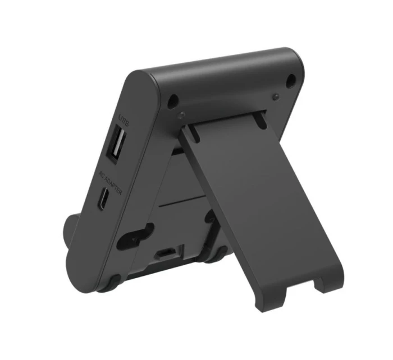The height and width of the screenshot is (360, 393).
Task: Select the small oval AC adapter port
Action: pos(103,200)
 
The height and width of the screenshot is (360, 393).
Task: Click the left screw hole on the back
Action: pos(174,101)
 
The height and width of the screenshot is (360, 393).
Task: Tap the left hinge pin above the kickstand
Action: pos(181,116)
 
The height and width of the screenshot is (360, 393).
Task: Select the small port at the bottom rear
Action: pos(165,252)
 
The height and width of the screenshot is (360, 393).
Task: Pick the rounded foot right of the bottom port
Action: pos(214,257)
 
